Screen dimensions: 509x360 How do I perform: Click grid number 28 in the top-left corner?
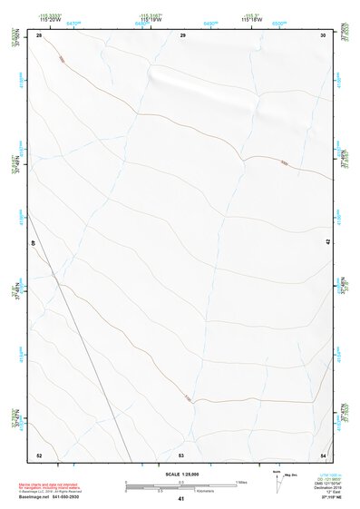coord(39,34)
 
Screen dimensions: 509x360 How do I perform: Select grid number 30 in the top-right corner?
coord(323,34)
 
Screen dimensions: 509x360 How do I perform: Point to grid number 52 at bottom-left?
coord(39,455)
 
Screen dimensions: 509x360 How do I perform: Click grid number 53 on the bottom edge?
coord(181,455)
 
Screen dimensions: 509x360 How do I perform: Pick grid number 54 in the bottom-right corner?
coord(323,455)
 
